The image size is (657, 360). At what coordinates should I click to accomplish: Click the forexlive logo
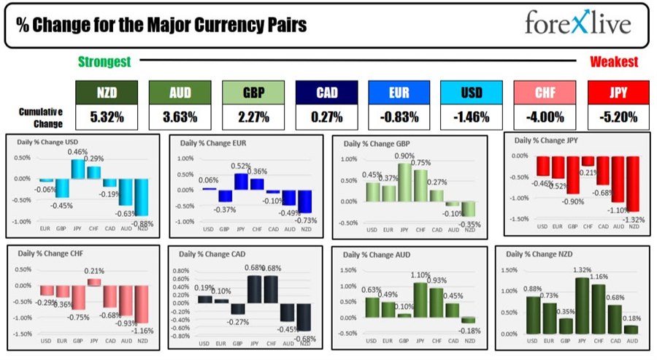tap(577, 23)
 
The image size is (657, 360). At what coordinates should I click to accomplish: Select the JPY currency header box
tap(617, 93)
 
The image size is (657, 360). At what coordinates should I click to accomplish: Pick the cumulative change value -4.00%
tap(544, 116)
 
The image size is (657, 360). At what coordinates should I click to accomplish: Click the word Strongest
tap(104, 62)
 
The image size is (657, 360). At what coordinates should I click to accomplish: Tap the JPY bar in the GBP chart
tap(404, 182)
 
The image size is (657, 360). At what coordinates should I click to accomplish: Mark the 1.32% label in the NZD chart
tap(583, 271)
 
